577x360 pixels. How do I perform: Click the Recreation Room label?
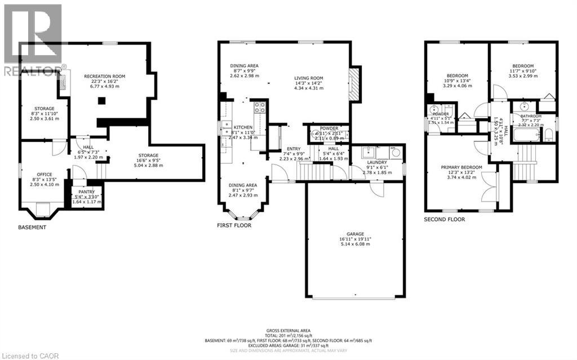coord(104,76)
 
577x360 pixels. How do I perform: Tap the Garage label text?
coord(355,234)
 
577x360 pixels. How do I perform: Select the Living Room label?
coord(309,78)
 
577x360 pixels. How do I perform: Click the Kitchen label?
coord(243,127)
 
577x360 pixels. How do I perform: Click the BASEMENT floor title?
coord(32,228)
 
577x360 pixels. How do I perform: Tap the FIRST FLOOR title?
coord(234,225)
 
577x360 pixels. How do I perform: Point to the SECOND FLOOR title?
coord(445,219)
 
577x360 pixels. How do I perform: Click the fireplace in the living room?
coord(353,85)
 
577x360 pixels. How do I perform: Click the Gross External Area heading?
coord(288,331)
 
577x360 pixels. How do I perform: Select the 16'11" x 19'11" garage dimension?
coord(355,239)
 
